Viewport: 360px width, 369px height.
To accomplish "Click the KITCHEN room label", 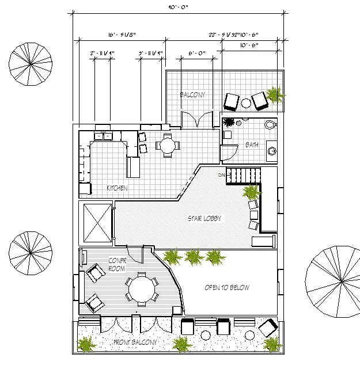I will [117, 188].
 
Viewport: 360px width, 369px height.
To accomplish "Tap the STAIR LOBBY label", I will [204, 219].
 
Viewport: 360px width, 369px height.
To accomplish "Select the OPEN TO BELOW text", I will [227, 288].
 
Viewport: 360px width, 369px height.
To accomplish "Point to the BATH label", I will [252, 145].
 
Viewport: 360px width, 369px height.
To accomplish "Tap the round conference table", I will [141, 288].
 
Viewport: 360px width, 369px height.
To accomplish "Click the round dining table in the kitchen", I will [167, 145].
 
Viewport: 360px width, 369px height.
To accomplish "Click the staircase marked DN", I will [242, 176].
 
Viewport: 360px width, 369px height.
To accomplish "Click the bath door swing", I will [228, 153].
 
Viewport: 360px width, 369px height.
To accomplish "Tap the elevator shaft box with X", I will [97, 222].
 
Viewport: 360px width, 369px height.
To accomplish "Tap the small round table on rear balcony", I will [246, 103].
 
